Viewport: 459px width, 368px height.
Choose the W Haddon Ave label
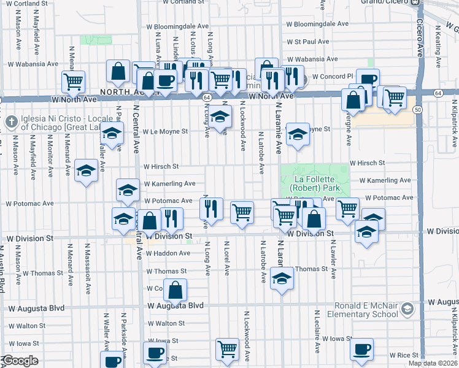point(168,253)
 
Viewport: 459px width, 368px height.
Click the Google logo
point(20,361)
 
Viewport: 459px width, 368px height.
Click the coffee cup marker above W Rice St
point(361,350)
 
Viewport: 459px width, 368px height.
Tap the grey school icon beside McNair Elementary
point(407,310)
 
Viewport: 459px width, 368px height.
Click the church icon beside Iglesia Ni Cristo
point(10,121)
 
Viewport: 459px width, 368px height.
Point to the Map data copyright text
point(433,363)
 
